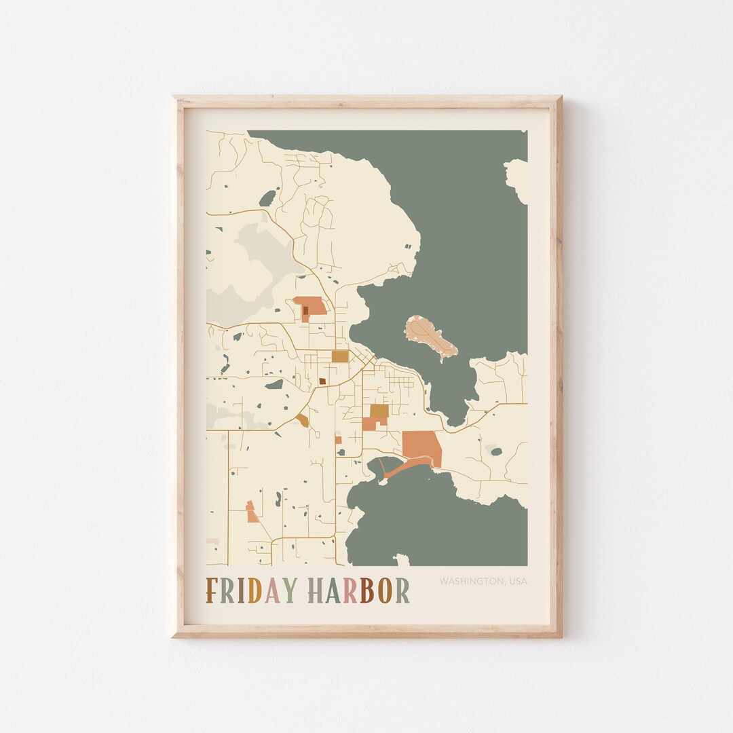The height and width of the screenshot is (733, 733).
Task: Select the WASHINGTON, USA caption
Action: click(483, 582)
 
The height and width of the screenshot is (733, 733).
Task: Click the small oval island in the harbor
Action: click(431, 337)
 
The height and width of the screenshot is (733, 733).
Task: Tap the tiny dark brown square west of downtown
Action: click(322, 381)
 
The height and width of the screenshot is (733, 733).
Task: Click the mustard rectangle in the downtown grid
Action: click(339, 356)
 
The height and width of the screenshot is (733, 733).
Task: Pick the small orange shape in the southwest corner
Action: click(252, 513)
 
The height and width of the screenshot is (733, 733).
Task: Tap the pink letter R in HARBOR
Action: click(350, 590)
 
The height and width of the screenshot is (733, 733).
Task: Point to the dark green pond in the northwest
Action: click(268, 198)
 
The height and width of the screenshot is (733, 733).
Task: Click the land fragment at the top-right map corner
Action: click(518, 178)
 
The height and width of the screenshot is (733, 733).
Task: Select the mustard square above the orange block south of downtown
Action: click(379, 411)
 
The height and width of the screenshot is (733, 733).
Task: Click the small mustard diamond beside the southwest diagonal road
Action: click(303, 420)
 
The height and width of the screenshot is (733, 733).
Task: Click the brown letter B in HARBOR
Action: click(366, 590)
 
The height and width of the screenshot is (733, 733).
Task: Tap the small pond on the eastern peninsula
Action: click(496, 451)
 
